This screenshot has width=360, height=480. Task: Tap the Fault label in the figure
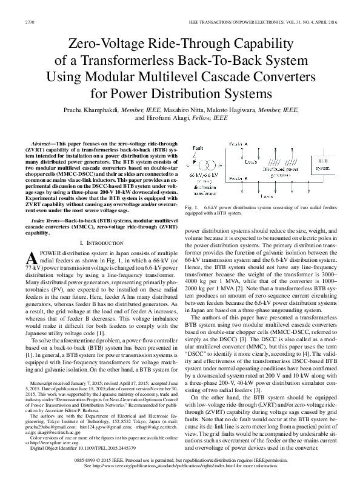coord(198,147)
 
